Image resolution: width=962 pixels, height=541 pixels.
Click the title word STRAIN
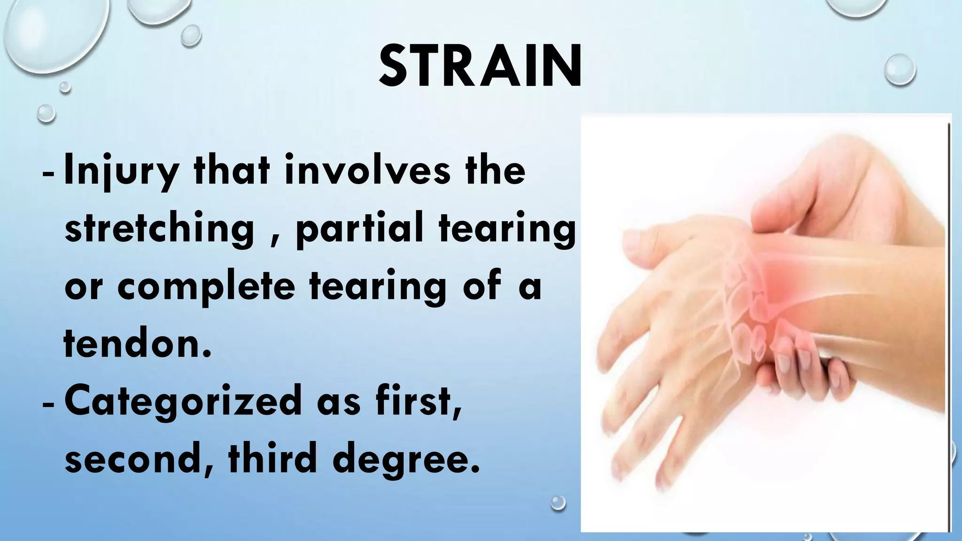click(x=480, y=67)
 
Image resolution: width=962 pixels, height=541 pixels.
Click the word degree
click(x=406, y=459)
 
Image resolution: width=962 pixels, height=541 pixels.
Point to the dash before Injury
click(x=48, y=173)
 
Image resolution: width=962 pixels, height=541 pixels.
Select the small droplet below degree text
click(x=558, y=502)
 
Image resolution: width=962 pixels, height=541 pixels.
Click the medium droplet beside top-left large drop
click(x=191, y=36)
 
